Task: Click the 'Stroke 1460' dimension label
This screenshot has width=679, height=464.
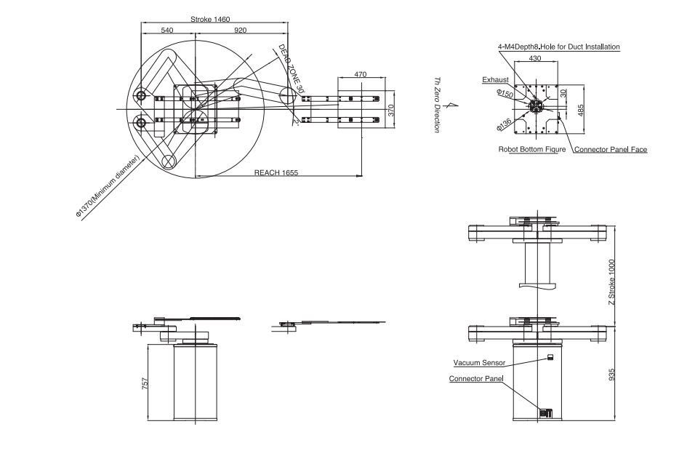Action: [210, 19]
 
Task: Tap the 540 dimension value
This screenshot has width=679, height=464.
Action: [167, 30]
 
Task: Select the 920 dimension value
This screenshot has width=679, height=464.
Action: [241, 30]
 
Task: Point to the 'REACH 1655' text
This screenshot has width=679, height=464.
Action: [276, 172]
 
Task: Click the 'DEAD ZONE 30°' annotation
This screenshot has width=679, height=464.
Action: [292, 68]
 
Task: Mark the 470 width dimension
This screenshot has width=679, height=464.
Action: [361, 74]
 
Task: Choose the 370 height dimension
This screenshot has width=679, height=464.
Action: [391, 110]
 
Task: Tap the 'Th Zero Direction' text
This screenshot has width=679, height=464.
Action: [438, 105]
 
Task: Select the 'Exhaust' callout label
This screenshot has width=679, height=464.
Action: [495, 80]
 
